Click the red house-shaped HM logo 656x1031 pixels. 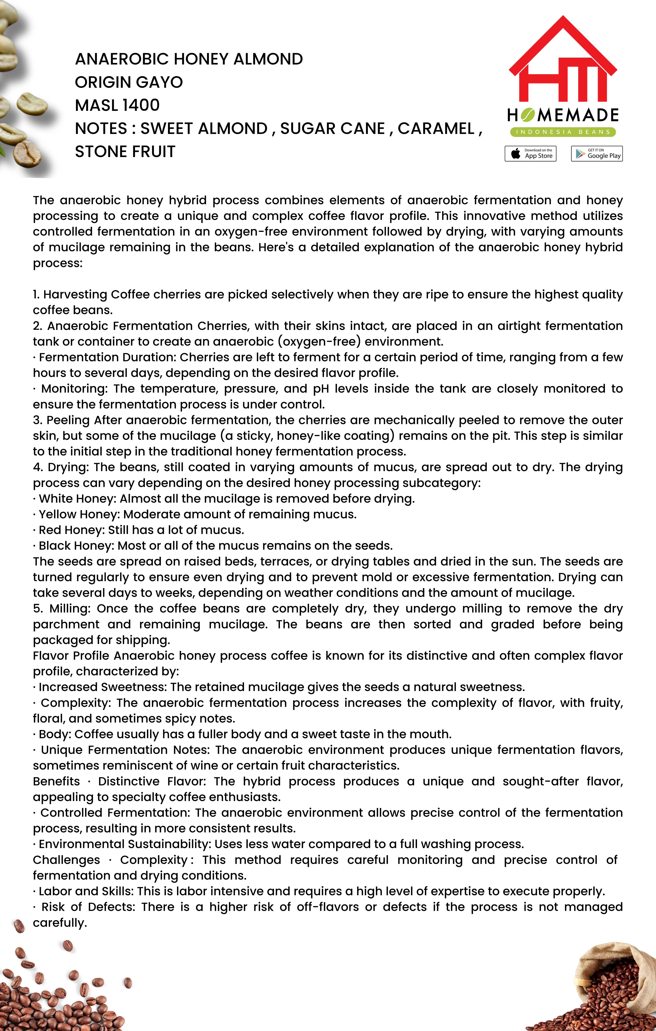(563, 60)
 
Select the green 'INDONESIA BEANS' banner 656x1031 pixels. (563, 132)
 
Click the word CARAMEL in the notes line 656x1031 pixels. (436, 129)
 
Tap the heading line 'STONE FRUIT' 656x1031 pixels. (125, 152)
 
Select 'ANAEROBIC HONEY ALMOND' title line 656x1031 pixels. (189, 59)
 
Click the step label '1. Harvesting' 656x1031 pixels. (70, 295)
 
